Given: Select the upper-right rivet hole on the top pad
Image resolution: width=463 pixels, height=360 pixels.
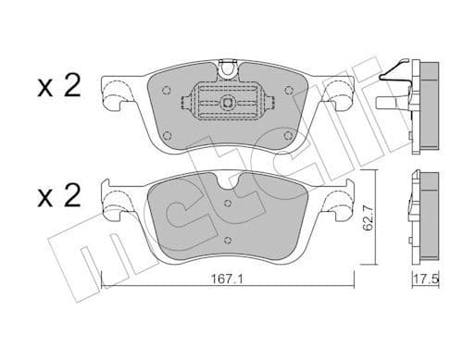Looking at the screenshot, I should [290, 91].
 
